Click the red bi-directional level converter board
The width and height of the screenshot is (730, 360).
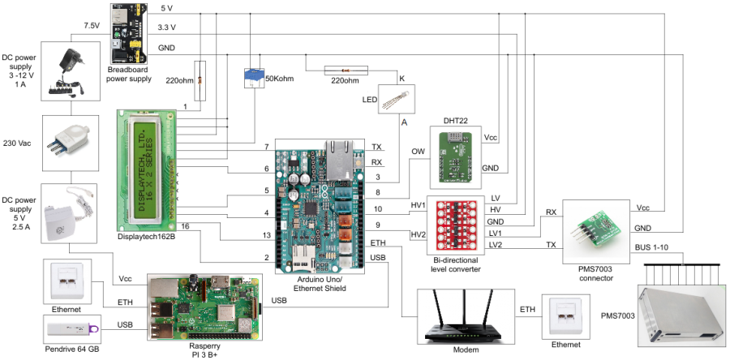(456, 228)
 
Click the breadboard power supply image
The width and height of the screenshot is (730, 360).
(129, 32)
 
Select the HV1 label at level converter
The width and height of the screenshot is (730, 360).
(418, 205)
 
